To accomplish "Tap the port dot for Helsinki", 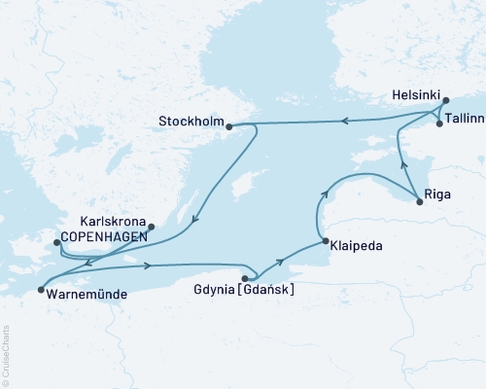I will [445, 100].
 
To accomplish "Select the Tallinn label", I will [463, 124].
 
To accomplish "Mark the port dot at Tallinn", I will [439, 124].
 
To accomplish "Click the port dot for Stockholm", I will [228, 126].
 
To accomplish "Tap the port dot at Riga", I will [419, 201].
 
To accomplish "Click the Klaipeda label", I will [356, 246].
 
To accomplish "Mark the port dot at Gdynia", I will [244, 277].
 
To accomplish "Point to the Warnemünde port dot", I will [40, 289].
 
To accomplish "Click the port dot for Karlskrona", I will [151, 228].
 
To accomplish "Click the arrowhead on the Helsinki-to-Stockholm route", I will [343, 122].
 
